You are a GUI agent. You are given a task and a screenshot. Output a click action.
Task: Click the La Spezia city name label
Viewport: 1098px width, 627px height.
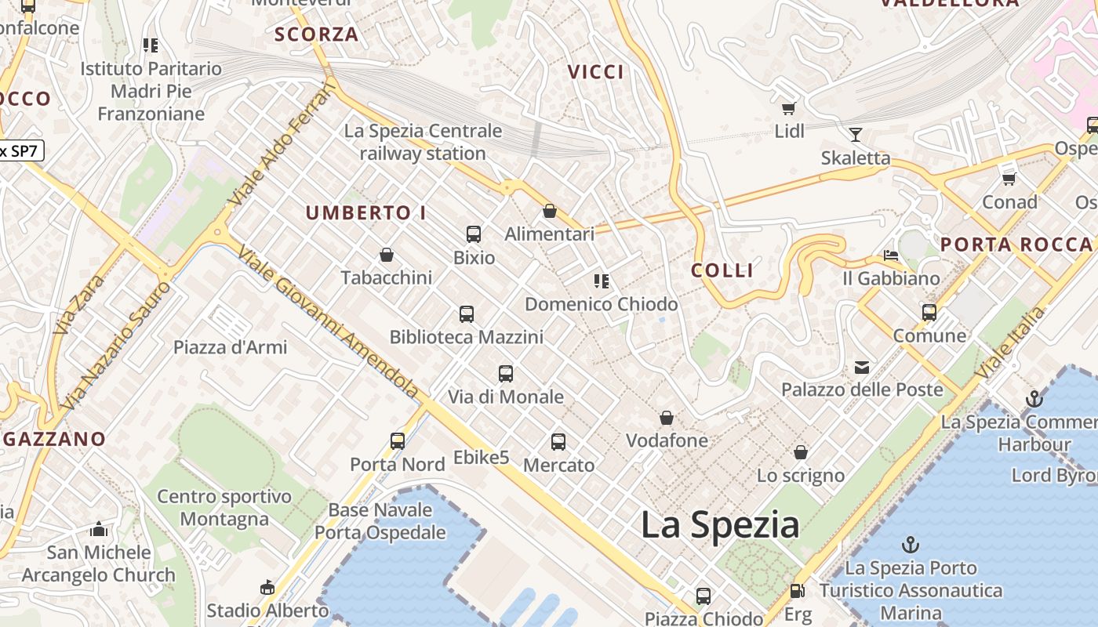(x=720, y=524)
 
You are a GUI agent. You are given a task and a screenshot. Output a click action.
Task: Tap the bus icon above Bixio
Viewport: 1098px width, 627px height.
(x=474, y=234)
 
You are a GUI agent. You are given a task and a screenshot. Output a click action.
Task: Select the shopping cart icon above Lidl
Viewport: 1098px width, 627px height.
(x=788, y=108)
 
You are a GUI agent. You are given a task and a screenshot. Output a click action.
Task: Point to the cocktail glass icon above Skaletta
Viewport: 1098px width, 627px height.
(x=856, y=135)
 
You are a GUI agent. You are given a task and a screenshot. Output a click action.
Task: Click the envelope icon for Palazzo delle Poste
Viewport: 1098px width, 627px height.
(x=862, y=367)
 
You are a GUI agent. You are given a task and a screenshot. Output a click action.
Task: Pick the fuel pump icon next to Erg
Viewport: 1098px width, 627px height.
(x=798, y=592)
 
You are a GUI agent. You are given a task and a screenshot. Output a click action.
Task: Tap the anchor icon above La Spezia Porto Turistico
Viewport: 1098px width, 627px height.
(x=911, y=545)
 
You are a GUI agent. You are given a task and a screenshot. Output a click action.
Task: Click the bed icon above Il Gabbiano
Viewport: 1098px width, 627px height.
(x=891, y=256)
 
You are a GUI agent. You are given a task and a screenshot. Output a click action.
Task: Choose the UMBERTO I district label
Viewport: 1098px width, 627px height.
(x=365, y=212)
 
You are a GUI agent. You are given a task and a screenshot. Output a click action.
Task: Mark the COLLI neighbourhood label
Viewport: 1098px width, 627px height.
(x=722, y=270)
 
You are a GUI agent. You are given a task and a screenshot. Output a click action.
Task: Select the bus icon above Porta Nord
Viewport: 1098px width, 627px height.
(x=398, y=440)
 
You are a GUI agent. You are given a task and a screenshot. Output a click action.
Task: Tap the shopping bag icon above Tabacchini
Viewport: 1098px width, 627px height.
(x=386, y=255)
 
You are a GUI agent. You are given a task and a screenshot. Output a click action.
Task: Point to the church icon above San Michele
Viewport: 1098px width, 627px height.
(x=98, y=529)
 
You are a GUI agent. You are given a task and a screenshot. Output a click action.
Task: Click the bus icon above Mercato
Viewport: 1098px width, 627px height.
(x=558, y=442)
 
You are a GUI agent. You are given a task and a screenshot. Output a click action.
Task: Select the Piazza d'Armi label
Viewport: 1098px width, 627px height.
(x=231, y=347)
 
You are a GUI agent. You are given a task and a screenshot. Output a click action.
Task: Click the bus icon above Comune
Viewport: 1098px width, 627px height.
(x=929, y=313)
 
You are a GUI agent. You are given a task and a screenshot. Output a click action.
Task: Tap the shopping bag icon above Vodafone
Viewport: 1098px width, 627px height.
(x=667, y=418)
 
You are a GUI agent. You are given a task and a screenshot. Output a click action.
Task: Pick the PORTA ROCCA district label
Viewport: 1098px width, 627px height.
(x=1016, y=245)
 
